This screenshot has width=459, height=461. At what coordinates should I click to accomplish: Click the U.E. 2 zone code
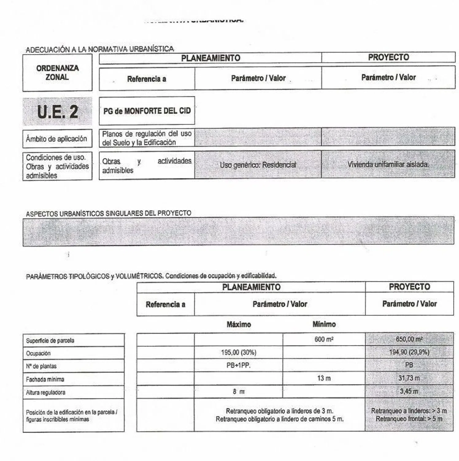[57, 112]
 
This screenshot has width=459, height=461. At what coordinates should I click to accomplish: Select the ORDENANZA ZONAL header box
[57, 73]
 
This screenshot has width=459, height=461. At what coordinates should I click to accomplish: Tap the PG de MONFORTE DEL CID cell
[147, 111]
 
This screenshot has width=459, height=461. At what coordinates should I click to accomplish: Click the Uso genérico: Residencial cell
[258, 165]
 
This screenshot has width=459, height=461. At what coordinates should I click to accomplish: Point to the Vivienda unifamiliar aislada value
[388, 164]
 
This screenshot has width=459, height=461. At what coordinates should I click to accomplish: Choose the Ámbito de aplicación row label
[57, 139]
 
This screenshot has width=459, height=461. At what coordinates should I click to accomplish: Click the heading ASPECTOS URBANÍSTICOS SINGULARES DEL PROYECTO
[108, 213]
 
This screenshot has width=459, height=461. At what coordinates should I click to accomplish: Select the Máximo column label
[239, 324]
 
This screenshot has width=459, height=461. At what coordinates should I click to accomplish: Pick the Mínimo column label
[324, 324]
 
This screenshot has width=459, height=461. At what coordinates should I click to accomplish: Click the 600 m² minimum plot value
[324, 339]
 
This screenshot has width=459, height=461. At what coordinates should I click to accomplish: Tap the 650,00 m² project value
[409, 339]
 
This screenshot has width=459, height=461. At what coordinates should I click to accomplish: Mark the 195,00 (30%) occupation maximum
[239, 352]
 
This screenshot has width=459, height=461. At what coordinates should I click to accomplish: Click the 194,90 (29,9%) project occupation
[409, 352]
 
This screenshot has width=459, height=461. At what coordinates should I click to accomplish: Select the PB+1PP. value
[239, 365]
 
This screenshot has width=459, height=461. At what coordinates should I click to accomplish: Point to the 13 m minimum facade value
[324, 378]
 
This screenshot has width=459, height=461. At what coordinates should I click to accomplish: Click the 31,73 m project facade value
[409, 378]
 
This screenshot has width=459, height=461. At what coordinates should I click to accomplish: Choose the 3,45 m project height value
[409, 391]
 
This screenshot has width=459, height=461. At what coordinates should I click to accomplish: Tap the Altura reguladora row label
[46, 392]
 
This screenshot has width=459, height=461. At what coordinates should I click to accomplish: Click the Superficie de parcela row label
[50, 341]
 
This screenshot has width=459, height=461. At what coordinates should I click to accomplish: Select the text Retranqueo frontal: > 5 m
[409, 419]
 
